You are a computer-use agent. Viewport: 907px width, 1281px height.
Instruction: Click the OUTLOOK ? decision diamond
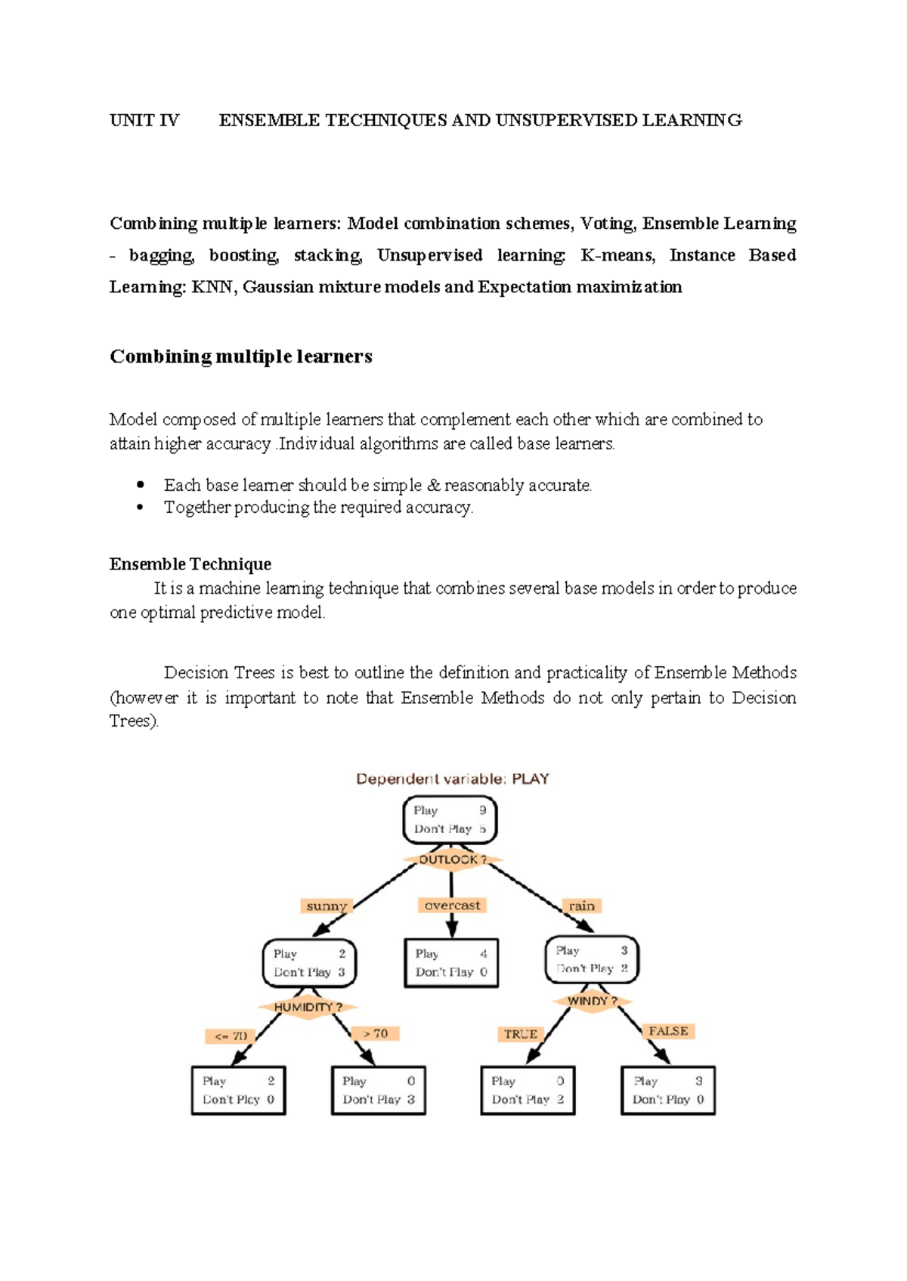click(x=452, y=860)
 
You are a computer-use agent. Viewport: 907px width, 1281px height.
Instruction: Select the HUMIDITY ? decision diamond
click(x=308, y=1007)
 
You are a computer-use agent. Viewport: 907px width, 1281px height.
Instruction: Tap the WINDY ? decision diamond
click(x=592, y=1001)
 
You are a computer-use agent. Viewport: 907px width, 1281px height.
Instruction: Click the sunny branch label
click(x=327, y=906)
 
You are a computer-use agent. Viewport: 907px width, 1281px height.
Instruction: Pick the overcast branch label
click(x=452, y=905)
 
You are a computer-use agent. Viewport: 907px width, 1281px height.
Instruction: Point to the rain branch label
click(x=581, y=906)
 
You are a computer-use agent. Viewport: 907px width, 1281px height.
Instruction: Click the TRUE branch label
click(x=521, y=1034)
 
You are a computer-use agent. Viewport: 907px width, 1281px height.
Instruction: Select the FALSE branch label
click(x=668, y=1031)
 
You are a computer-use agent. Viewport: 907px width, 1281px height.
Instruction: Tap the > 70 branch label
click(x=376, y=1033)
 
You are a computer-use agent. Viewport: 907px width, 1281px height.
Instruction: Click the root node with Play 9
click(x=450, y=820)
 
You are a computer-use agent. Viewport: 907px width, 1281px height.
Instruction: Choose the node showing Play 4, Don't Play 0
click(x=451, y=963)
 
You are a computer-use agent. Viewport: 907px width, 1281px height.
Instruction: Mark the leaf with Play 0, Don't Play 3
click(x=379, y=1090)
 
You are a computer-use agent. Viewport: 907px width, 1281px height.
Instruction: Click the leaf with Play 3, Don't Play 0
click(x=668, y=1090)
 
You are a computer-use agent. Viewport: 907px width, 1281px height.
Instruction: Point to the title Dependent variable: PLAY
click(x=452, y=779)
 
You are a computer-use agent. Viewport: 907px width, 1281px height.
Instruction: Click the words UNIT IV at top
click(x=144, y=120)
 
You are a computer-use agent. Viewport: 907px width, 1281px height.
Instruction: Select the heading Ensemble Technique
click(x=190, y=564)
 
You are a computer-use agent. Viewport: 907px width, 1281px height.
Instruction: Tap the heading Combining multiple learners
click(x=241, y=357)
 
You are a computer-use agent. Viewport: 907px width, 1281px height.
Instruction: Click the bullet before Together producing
click(x=140, y=507)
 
